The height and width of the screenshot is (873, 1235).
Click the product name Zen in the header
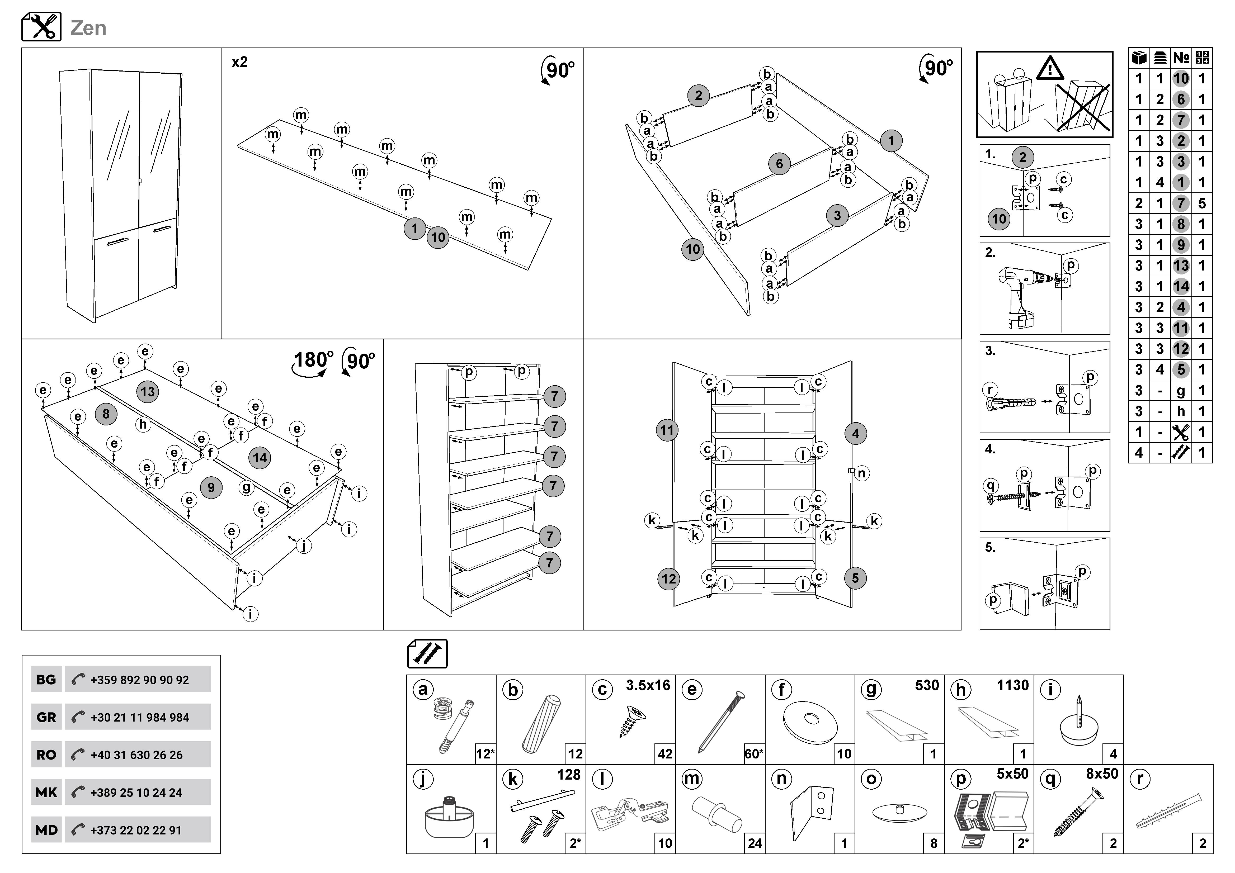pos(88,28)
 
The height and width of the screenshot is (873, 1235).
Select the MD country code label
pos(46,830)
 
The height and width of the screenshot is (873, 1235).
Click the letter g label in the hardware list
pos(871,690)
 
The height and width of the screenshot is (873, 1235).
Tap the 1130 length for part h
pos(1012,685)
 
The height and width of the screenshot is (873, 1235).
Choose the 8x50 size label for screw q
pos(1102,774)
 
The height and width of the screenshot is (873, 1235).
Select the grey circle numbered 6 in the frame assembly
pos(779,164)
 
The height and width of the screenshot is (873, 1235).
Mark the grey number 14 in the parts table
pos(1181,287)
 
